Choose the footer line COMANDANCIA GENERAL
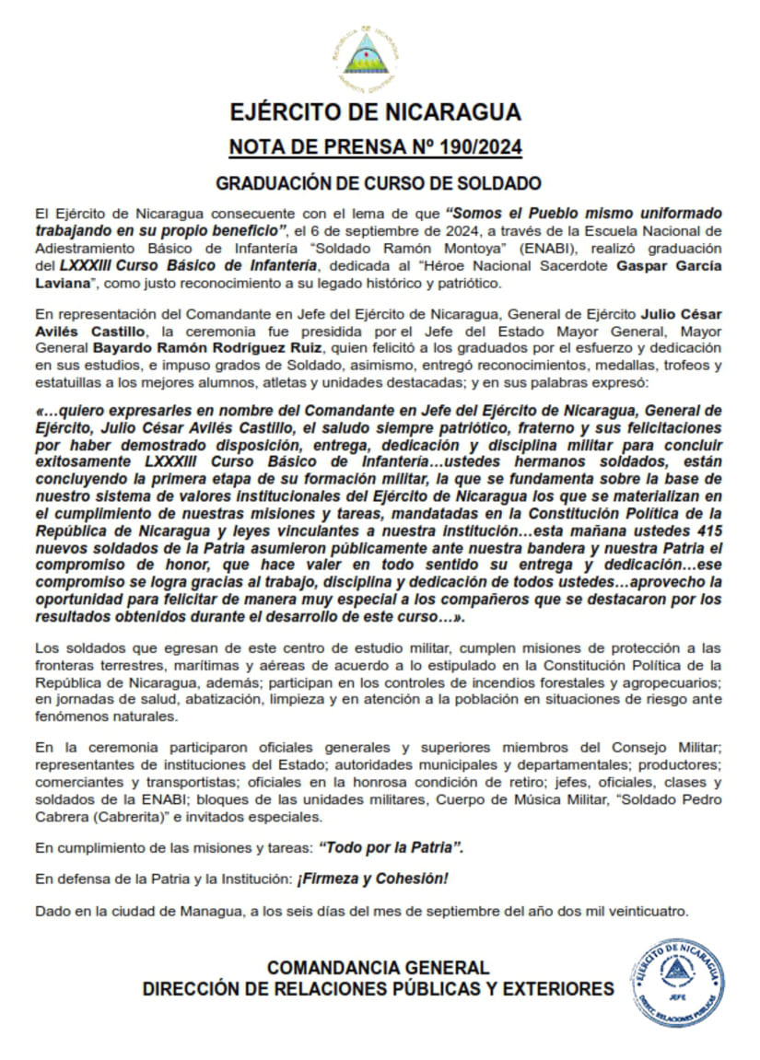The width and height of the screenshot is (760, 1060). tap(378, 968)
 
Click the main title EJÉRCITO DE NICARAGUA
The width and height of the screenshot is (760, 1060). tap(376, 112)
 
